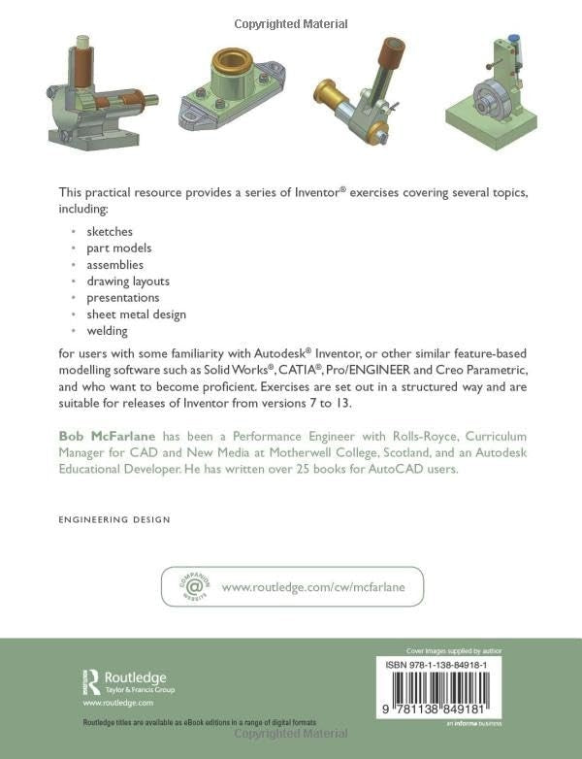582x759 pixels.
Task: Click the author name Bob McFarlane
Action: pos(107,436)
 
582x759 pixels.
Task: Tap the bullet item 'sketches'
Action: pos(110,231)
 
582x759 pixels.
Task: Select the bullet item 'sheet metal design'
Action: pos(137,314)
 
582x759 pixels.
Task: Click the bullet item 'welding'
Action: pos(107,331)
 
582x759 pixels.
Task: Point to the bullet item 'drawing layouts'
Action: pos(128,281)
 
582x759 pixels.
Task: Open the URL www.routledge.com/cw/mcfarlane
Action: pos(313,587)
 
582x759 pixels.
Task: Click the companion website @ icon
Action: pos(194,586)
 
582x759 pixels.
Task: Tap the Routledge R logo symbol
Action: pos(92,682)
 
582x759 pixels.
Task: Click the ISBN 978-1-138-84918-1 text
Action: pos(436,665)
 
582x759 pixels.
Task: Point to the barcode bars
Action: pos(439,688)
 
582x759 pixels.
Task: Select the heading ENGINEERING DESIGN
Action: pos(114,520)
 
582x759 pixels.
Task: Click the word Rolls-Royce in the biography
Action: pos(426,436)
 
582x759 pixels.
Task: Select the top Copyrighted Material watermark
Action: pos(291,23)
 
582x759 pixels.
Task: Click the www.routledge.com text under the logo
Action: pos(118,703)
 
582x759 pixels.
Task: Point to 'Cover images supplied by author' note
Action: pos(454,651)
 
